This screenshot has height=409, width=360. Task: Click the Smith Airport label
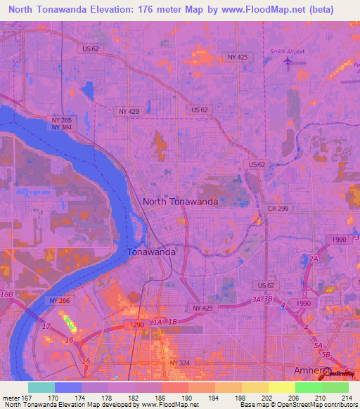pyautogui.click(x=286, y=51)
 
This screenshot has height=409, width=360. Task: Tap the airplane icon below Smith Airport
pyautogui.click(x=287, y=60)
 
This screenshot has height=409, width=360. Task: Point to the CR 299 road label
pyautogui.click(x=276, y=209)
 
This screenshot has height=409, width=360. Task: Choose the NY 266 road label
pyautogui.click(x=60, y=300)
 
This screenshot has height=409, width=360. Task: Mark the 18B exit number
pyautogui.click(x=7, y=293)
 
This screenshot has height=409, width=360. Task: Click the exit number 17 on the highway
pyautogui.click(x=46, y=327)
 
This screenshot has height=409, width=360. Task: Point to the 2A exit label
pyautogui.click(x=314, y=259)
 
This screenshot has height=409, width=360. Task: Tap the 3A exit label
pyautogui.click(x=257, y=299)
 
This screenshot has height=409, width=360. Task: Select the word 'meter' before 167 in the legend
pyautogui.click(x=11, y=396)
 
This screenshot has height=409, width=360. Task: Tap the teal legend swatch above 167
pyautogui.click(x=41, y=387)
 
